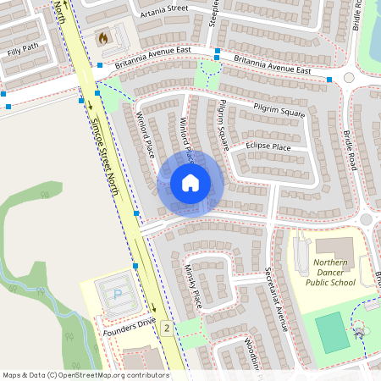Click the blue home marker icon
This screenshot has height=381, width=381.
click(190, 183)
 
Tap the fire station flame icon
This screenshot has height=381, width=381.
click(104, 38)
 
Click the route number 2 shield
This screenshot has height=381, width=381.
click(168, 328)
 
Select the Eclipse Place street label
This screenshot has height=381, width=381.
click(268, 147)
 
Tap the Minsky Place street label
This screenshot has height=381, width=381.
click(193, 286)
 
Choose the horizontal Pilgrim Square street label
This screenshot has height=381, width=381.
click(279, 110)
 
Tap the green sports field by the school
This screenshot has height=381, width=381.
click(333, 332)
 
